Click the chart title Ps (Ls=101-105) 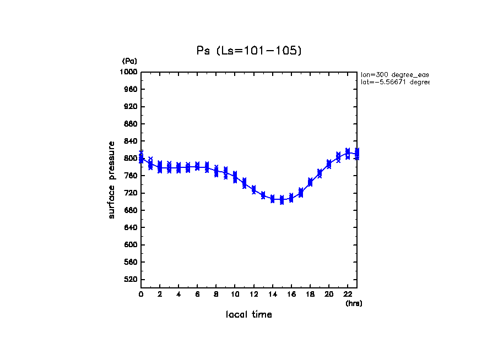coord(249,51)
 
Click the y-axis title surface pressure coord(112,179)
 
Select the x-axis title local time coord(249,315)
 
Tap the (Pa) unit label coord(129,61)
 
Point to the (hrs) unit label coord(354,303)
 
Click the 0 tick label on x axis coord(141,294)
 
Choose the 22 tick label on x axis coord(348,294)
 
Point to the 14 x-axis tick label coord(273,294)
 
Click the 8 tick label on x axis coord(216,294)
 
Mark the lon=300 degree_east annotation coord(394,74)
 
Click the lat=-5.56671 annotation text coord(394,82)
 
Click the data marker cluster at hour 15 coord(282,199)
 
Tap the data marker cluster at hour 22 coord(348,153)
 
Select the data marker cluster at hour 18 coord(310,182)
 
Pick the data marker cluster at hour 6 coord(197,166)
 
